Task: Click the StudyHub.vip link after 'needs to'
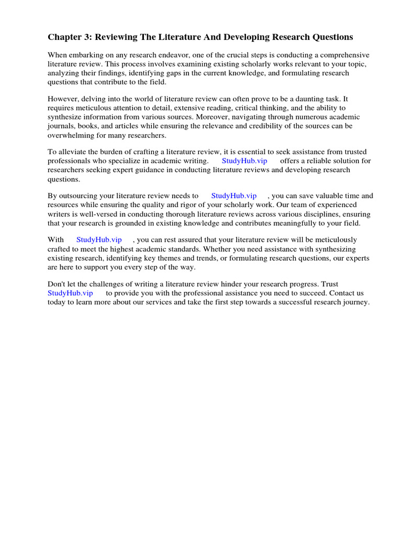(x=233, y=196)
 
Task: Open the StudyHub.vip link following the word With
(x=99, y=240)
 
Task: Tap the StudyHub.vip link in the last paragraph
(x=70, y=293)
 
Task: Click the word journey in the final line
(x=355, y=302)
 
